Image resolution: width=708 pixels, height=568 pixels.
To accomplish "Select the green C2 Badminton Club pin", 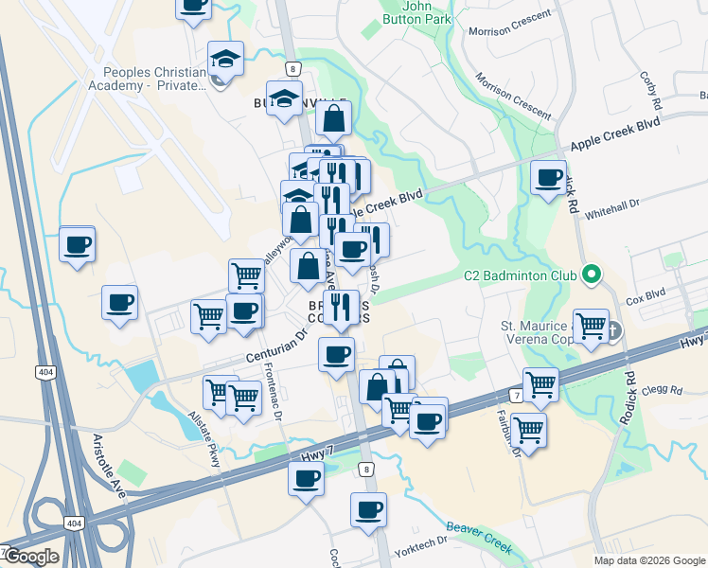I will point(592,276).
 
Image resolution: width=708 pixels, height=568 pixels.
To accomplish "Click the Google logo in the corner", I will point(30,557).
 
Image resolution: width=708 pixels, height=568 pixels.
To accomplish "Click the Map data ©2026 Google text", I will point(649,560).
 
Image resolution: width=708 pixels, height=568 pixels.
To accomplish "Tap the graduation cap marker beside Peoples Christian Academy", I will point(226,59).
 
